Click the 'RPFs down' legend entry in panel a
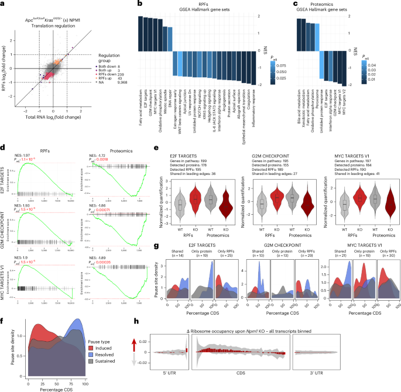coord(116,66)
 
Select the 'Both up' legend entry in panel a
coord(113,61)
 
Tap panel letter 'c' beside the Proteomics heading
coord(296,4)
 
